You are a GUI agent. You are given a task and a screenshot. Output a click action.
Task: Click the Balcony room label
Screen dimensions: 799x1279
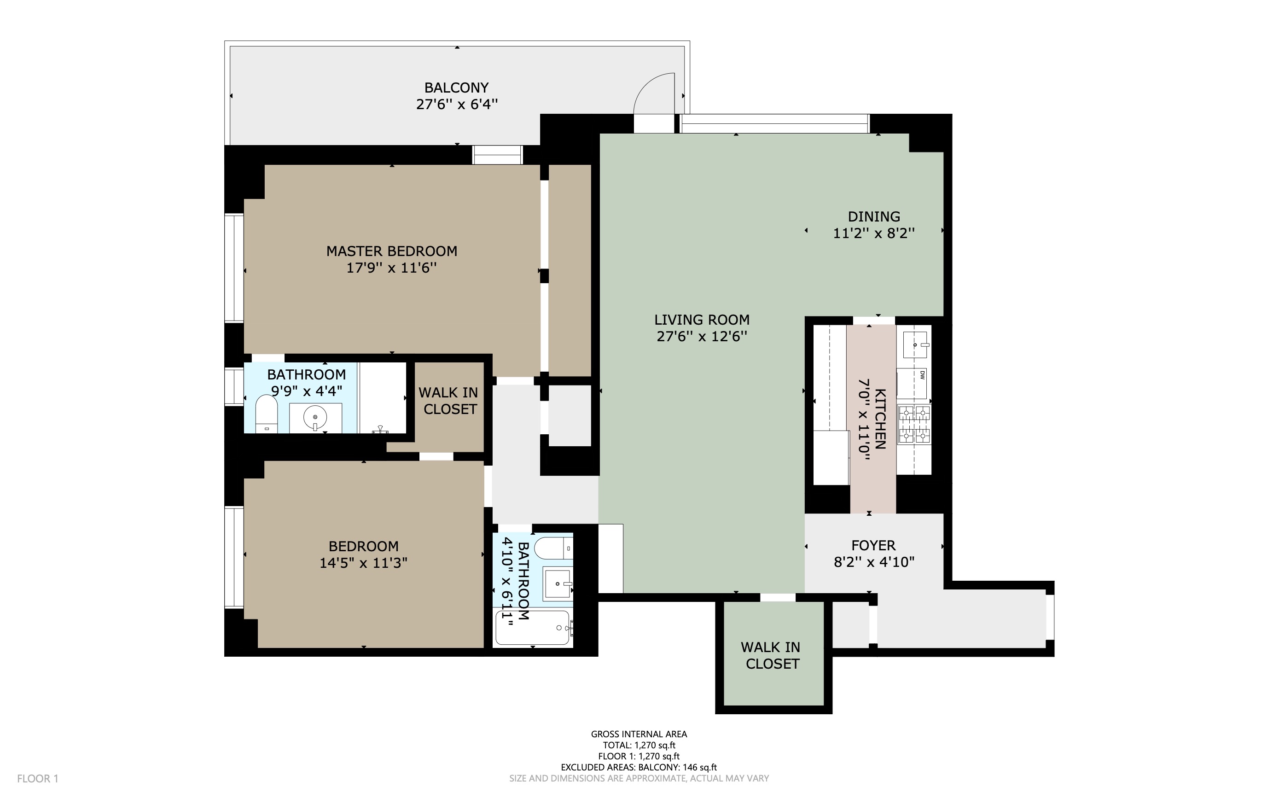(x=456, y=87)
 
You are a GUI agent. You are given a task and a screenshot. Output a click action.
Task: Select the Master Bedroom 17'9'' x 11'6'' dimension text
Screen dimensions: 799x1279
(x=391, y=268)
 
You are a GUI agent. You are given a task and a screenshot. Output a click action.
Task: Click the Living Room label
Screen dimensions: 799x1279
(x=702, y=320)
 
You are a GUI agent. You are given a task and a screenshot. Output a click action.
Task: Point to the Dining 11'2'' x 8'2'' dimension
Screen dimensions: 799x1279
(x=874, y=233)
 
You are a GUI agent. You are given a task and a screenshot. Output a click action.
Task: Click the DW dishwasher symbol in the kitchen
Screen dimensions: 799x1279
(x=913, y=383)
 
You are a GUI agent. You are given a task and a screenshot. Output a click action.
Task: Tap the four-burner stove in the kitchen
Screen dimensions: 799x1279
(x=914, y=424)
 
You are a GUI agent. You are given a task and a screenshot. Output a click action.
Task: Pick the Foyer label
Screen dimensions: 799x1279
(x=873, y=545)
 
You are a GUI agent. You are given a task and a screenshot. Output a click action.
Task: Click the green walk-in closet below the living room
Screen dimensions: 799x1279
(x=773, y=655)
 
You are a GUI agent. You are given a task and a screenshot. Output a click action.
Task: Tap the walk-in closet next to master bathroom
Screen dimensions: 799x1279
(x=448, y=401)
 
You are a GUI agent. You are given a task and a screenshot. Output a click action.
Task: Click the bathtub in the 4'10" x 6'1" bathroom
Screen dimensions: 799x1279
(x=533, y=628)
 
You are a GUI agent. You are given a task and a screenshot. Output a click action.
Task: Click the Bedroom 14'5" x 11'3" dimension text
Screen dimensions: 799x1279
(x=363, y=563)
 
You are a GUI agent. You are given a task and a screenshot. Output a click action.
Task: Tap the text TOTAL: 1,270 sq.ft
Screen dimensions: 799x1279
(x=639, y=745)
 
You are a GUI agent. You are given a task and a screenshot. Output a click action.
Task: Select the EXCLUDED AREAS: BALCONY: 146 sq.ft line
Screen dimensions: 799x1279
(x=639, y=767)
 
